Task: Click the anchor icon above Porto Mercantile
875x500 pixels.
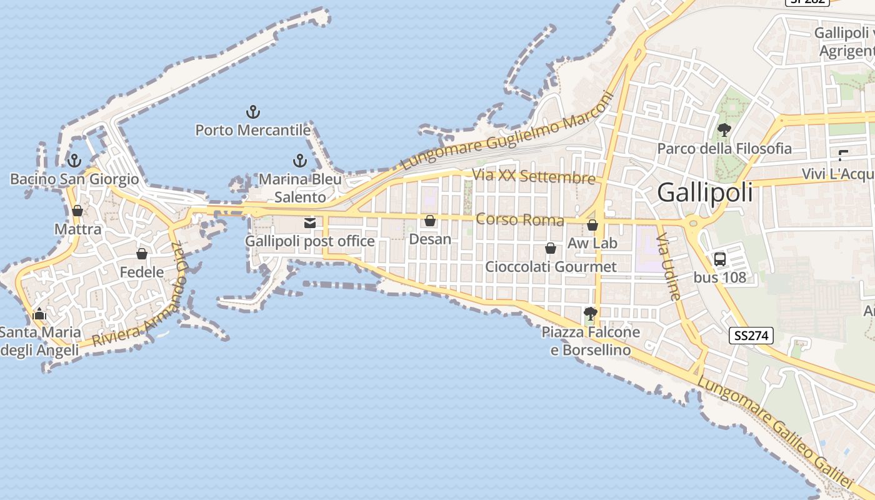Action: coord(252,112)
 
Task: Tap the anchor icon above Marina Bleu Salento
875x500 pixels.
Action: coord(300,161)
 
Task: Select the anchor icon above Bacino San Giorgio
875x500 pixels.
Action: coord(74,161)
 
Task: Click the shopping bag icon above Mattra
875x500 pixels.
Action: coord(77,211)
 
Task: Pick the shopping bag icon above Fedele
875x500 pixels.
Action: coord(142,254)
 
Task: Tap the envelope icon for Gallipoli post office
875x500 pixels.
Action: coord(309,222)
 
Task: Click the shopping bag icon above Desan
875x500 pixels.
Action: coord(430,221)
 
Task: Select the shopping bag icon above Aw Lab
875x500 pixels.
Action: coord(592,225)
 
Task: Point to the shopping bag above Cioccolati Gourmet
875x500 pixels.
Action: coord(551,248)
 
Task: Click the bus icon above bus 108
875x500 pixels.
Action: coord(720,259)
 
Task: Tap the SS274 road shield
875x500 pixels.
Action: coord(751,336)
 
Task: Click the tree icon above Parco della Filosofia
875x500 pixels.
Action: coord(724,130)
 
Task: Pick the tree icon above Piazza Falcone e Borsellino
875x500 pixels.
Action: coord(590,313)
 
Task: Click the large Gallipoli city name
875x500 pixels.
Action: coord(705,192)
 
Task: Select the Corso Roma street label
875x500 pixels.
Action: coord(519,219)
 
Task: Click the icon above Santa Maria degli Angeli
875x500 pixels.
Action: coord(39,314)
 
